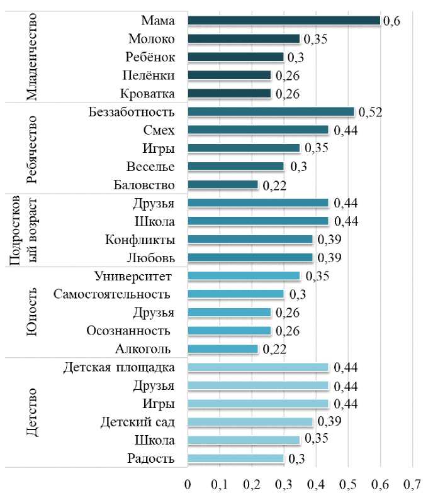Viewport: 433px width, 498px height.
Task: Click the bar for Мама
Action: click(283, 21)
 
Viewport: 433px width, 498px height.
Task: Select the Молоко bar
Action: click(244, 39)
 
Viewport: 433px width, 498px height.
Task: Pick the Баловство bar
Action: click(223, 185)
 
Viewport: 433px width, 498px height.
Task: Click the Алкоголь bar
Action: click(223, 349)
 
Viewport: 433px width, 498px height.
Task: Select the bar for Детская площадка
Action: click(258, 367)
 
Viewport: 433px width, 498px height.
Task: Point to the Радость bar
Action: click(236, 458)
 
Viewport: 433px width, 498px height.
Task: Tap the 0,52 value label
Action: click(371, 113)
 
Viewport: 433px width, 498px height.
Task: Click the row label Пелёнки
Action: click(149, 75)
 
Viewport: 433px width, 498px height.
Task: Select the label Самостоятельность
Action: click(111, 294)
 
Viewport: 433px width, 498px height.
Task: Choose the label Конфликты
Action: click(140, 240)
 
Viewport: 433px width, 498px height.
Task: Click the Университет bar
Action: click(244, 276)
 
